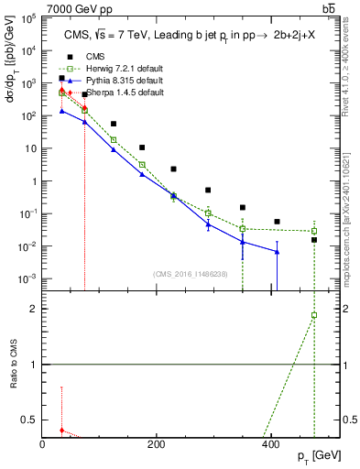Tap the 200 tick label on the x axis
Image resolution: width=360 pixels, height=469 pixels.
(x=157, y=443)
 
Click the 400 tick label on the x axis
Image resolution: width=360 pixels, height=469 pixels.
(x=270, y=443)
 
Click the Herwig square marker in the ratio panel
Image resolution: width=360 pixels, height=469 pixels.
(x=314, y=315)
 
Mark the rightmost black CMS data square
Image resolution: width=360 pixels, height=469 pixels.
(x=314, y=240)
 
